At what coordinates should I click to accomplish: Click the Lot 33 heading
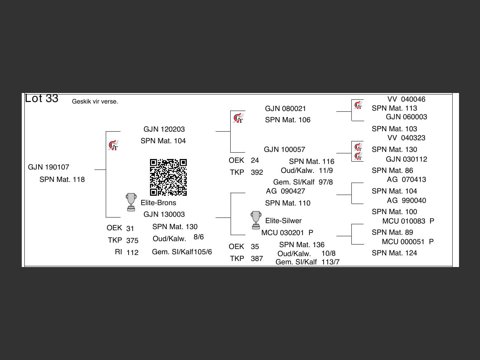42,98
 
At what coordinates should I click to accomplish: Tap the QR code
168,177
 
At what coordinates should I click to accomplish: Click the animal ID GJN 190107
48,167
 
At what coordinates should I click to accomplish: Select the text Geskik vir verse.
95,102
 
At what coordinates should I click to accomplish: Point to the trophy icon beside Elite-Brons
131,202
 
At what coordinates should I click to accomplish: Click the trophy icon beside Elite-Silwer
256,220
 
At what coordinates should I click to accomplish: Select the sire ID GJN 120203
164,129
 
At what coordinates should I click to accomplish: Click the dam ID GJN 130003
164,214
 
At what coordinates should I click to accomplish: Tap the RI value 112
132,253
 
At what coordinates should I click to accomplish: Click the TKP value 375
132,241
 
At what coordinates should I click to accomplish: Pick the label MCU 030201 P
287,233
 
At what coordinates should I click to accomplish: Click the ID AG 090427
285,191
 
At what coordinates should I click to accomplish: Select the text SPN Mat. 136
301,245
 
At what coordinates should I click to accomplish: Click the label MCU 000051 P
408,242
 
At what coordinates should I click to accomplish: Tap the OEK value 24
255,160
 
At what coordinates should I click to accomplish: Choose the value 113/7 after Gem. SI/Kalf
330,262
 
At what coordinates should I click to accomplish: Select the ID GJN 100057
284,150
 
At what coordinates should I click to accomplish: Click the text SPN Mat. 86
392,171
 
